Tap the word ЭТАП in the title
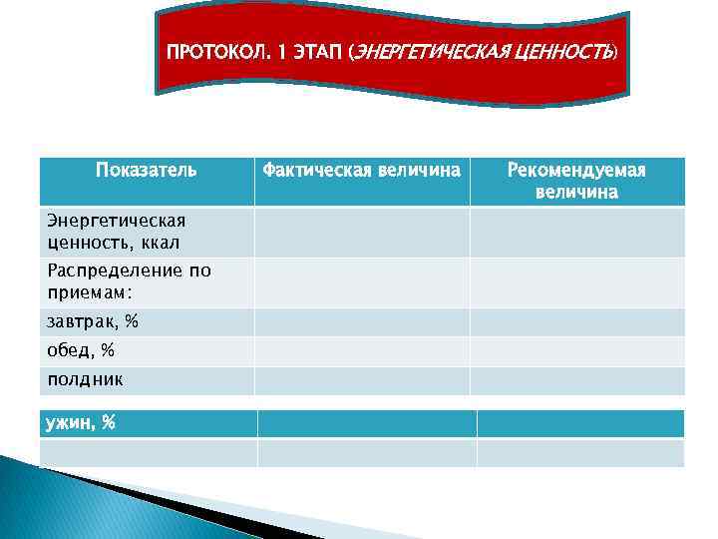pos(313,52)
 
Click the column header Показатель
pos(147,171)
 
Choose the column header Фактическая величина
pos(361,171)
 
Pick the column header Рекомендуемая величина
pos(576,181)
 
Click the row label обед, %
pos(81,350)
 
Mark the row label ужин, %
pos(81,423)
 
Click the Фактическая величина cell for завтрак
pos(361,321)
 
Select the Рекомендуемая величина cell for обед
pos(576,350)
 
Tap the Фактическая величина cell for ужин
pos(366,423)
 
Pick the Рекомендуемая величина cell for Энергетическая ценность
pos(576,231)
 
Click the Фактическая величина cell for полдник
pos(361,380)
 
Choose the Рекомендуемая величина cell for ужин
pos(579,423)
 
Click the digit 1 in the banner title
pos(283,52)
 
